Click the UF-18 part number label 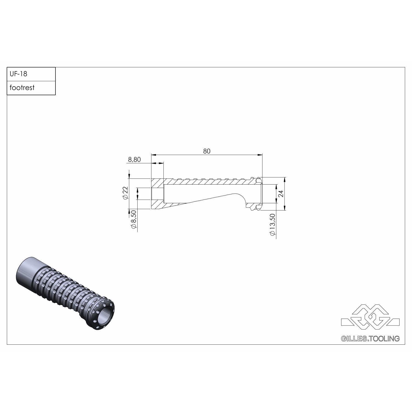18,74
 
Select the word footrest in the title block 22,88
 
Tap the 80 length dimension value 207,151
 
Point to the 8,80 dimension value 134,160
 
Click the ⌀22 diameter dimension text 126,193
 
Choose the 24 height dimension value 280,194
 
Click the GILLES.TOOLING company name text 370,339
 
